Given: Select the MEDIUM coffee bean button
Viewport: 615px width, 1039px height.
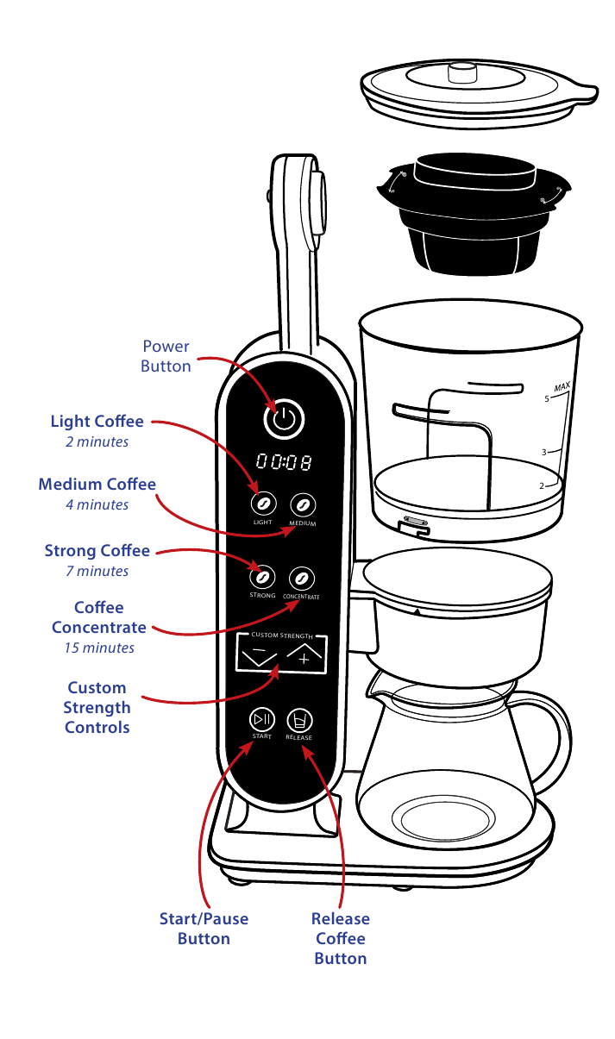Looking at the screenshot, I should point(302,504).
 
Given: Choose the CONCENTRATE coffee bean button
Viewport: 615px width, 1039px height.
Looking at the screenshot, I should point(301,577).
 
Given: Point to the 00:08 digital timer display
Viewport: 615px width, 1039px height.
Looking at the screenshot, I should point(283,462).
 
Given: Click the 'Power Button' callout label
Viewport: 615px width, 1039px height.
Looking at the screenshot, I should point(166,356).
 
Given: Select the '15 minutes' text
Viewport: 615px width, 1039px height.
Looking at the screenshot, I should point(99,648).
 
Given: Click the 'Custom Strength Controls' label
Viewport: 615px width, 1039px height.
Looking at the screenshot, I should point(97,707).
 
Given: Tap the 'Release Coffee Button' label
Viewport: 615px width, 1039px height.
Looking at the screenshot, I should point(340,938).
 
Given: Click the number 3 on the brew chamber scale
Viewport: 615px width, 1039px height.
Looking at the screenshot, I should point(544,452).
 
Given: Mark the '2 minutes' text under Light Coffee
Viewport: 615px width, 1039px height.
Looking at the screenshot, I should point(97,441).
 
